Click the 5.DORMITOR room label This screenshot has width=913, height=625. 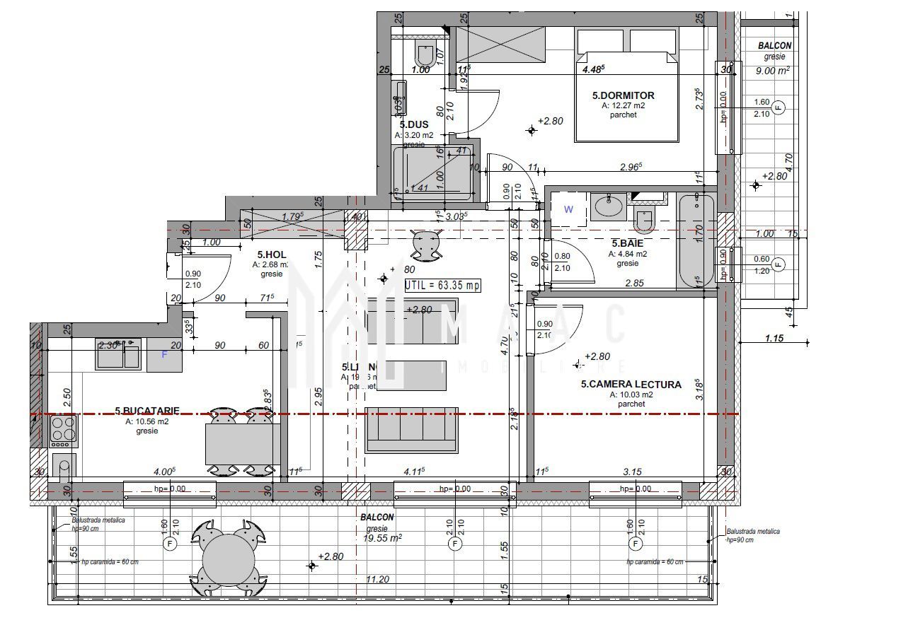click(x=623, y=95)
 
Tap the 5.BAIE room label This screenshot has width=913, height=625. click(x=628, y=243)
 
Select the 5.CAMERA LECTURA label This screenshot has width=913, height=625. click(x=631, y=385)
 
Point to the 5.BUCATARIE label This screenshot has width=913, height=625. click(x=147, y=410)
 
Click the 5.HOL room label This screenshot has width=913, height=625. click(x=271, y=255)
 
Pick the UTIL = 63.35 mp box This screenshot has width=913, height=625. click(x=442, y=286)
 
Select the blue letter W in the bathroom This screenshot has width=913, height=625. click(x=568, y=209)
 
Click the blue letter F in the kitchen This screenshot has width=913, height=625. click(x=164, y=355)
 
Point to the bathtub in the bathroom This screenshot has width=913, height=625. click(x=696, y=241)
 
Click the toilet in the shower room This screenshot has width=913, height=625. click(x=425, y=54)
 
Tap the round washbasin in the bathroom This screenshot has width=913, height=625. click(x=607, y=206)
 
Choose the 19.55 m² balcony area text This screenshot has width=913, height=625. click(x=382, y=537)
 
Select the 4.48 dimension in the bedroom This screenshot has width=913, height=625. click(x=593, y=69)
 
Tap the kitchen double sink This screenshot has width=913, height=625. click(x=118, y=355)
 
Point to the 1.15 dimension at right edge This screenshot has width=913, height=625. click(x=774, y=339)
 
